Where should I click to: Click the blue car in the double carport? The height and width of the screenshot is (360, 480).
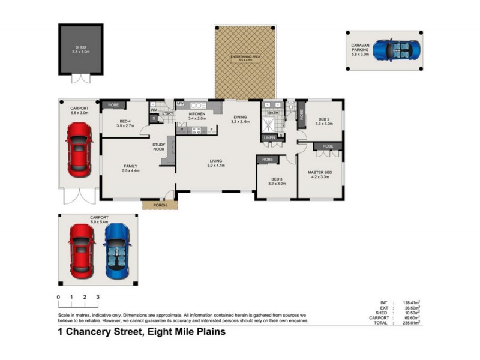tap(116, 251)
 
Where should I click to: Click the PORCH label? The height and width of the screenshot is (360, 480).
tap(160, 205)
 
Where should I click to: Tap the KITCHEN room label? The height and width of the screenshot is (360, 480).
tap(197, 113)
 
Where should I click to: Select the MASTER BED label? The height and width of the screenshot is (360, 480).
tap(320, 173)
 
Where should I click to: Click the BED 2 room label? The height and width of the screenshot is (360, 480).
tap(324, 119)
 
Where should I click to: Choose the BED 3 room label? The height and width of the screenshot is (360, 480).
tap(277, 179)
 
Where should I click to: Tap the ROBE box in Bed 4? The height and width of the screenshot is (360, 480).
tap(113, 106)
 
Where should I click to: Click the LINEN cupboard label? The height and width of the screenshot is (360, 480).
tap(268, 138)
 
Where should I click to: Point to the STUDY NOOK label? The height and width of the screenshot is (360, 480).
tap(158, 146)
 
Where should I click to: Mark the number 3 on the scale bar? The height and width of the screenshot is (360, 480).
tap(98, 297)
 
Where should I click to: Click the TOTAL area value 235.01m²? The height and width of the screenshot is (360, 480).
tap(410, 323)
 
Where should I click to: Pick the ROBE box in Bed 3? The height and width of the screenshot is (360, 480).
tap(267, 160)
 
